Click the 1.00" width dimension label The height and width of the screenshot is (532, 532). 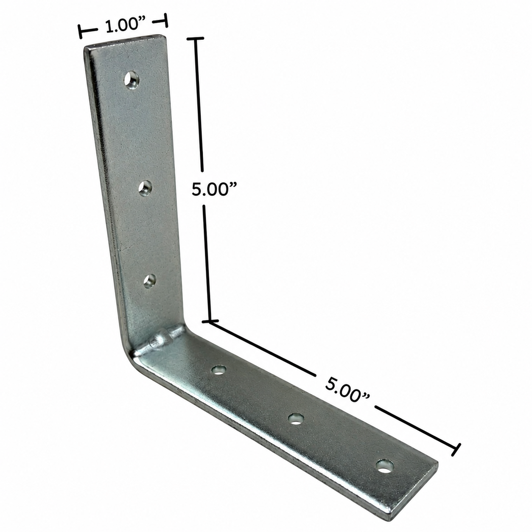(x=126, y=26)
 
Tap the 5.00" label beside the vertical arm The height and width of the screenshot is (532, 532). (x=215, y=190)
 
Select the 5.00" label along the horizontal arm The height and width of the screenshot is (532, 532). (x=347, y=389)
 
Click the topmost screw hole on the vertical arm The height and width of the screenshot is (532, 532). (x=132, y=80)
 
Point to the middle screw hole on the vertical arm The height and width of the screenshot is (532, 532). (x=145, y=188)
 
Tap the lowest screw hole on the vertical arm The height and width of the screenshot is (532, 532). (x=150, y=281)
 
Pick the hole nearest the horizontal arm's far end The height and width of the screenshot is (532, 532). (x=384, y=466)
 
